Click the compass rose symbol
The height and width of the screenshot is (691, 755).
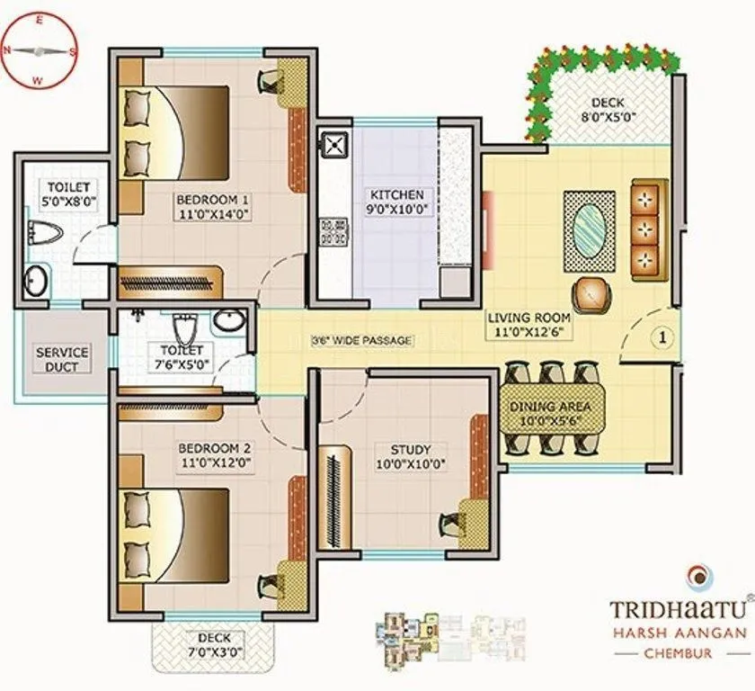(38, 50)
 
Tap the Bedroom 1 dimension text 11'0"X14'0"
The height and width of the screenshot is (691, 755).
(212, 214)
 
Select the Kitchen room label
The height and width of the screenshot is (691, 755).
(396, 194)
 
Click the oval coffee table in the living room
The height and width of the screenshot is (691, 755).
(590, 230)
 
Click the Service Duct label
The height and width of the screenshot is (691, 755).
(62, 359)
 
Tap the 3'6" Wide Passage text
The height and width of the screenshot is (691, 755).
(361, 340)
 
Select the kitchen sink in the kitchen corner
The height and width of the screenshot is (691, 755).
(336, 143)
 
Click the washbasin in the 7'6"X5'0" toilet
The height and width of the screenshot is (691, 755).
(228, 320)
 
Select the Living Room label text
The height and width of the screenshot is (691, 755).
(528, 318)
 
